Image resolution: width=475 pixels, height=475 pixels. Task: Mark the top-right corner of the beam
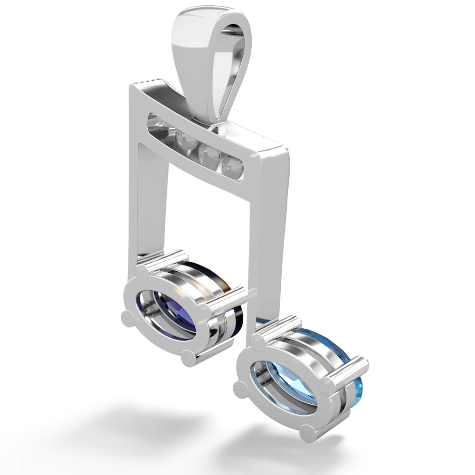[x=288, y=147]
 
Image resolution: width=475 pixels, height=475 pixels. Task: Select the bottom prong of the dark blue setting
[x=188, y=356]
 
